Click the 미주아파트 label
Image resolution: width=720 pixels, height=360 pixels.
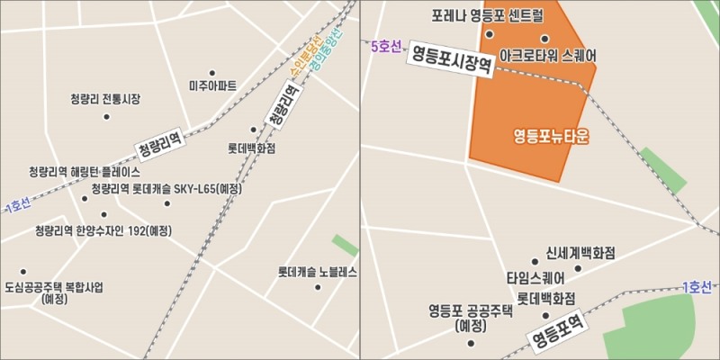tap(213, 86)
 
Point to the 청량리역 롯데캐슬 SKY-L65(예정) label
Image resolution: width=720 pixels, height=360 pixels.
tap(166, 189)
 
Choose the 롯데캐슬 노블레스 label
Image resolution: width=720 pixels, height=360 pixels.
tap(318, 272)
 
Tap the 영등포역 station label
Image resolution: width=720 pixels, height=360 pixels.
tap(557, 330)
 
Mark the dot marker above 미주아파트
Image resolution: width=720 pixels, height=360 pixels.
tap(212, 73)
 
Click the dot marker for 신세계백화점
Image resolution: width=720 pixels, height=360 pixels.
tap(579, 268)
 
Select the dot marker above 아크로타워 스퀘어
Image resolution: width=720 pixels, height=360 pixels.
tap(544, 39)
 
